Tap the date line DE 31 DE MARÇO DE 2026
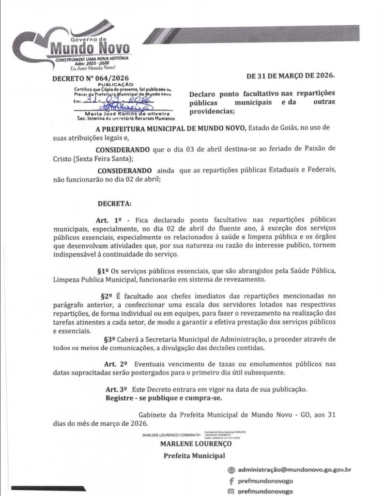point(290,77)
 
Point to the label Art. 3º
point(116,389)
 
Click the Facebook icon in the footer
point(231,481)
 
